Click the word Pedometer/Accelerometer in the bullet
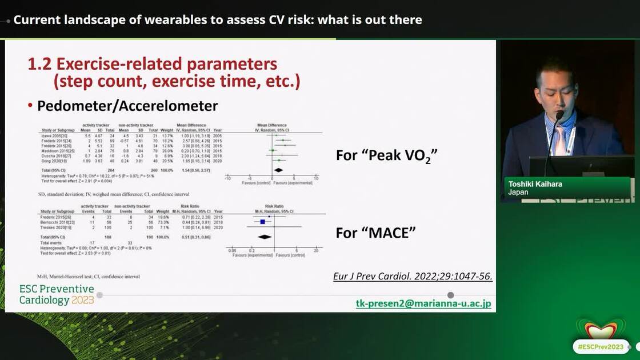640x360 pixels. [x=127, y=106]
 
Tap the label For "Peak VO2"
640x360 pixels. [x=387, y=155]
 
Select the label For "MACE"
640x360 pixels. [x=375, y=233]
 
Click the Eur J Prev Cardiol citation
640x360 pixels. [x=413, y=276]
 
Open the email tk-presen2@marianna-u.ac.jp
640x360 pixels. [x=423, y=304]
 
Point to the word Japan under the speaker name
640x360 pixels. [x=518, y=193]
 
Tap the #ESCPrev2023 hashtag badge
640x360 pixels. [x=601, y=347]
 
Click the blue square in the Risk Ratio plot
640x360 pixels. [x=262, y=221]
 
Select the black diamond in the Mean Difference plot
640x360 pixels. [x=278, y=170]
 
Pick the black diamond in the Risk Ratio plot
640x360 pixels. [x=264, y=236]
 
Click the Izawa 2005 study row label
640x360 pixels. [x=50, y=135]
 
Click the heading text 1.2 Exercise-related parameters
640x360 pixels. [x=152, y=64]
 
